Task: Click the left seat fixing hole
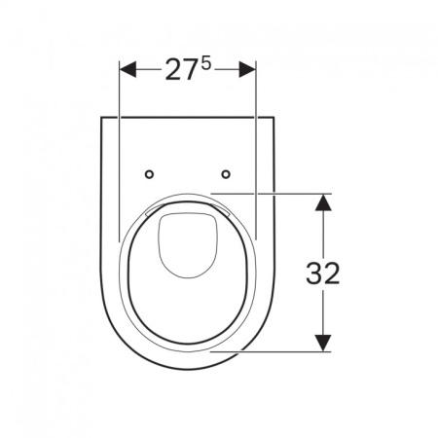[x=149, y=174]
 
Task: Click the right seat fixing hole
[x=226, y=174]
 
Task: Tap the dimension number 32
[x=322, y=274]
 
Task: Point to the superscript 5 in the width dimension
[x=205, y=63]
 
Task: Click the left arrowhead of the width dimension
[x=128, y=69]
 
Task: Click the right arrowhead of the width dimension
[x=247, y=69]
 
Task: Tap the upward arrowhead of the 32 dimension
[x=323, y=201]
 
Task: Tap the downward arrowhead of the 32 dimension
[x=323, y=343]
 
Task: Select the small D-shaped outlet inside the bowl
[x=188, y=245]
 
